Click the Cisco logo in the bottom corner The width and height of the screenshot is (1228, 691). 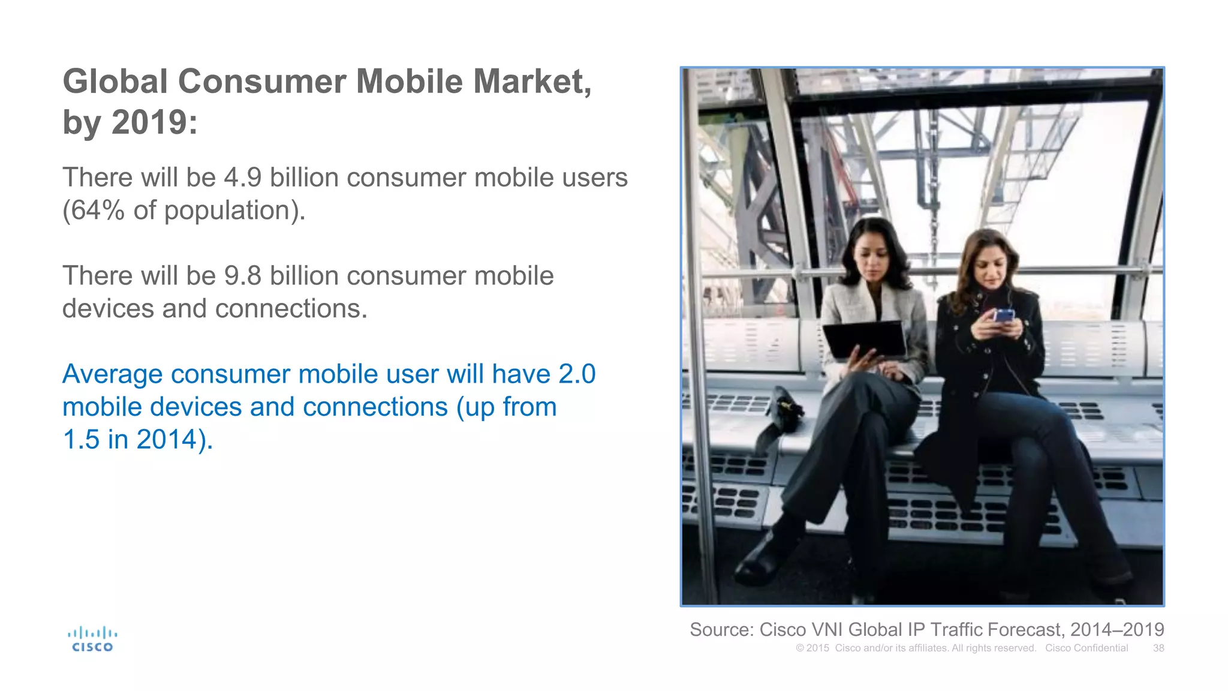[x=92, y=639]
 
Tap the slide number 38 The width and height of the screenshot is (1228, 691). [x=1158, y=648]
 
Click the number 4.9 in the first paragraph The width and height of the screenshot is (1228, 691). [x=242, y=178]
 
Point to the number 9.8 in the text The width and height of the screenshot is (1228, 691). [x=242, y=276]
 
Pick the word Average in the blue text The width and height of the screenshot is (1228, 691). [x=113, y=374]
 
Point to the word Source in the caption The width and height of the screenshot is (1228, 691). [x=721, y=630]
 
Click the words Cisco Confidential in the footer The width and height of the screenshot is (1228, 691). [x=1086, y=648]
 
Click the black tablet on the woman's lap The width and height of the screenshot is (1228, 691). [x=865, y=340]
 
